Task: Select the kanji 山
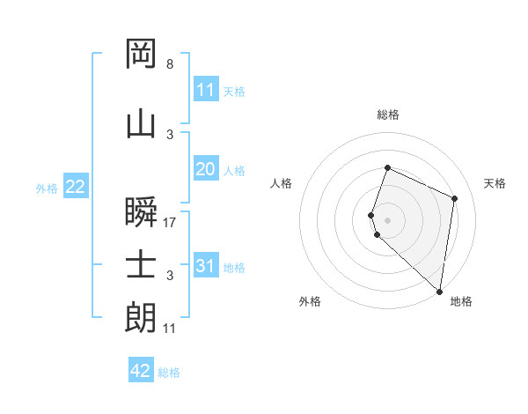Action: [x=142, y=123]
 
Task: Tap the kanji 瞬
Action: [x=142, y=211]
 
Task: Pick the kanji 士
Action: [x=142, y=264]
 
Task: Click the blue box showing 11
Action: [x=206, y=90]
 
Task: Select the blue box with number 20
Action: [x=206, y=169]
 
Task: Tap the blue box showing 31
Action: [x=206, y=266]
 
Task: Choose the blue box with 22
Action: [x=75, y=187]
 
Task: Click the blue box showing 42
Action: [x=141, y=371]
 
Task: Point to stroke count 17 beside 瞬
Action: [x=170, y=223]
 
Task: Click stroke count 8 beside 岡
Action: [x=170, y=64]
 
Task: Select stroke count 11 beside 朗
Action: [x=170, y=329]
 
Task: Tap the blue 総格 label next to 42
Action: [x=169, y=373]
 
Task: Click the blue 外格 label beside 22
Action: [x=47, y=188]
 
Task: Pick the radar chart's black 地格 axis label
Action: [x=461, y=301]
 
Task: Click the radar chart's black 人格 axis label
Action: [x=281, y=183]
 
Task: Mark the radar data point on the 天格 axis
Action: [x=455, y=198]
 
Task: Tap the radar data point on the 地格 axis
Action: [x=440, y=291]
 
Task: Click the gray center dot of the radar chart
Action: [x=387, y=219]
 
